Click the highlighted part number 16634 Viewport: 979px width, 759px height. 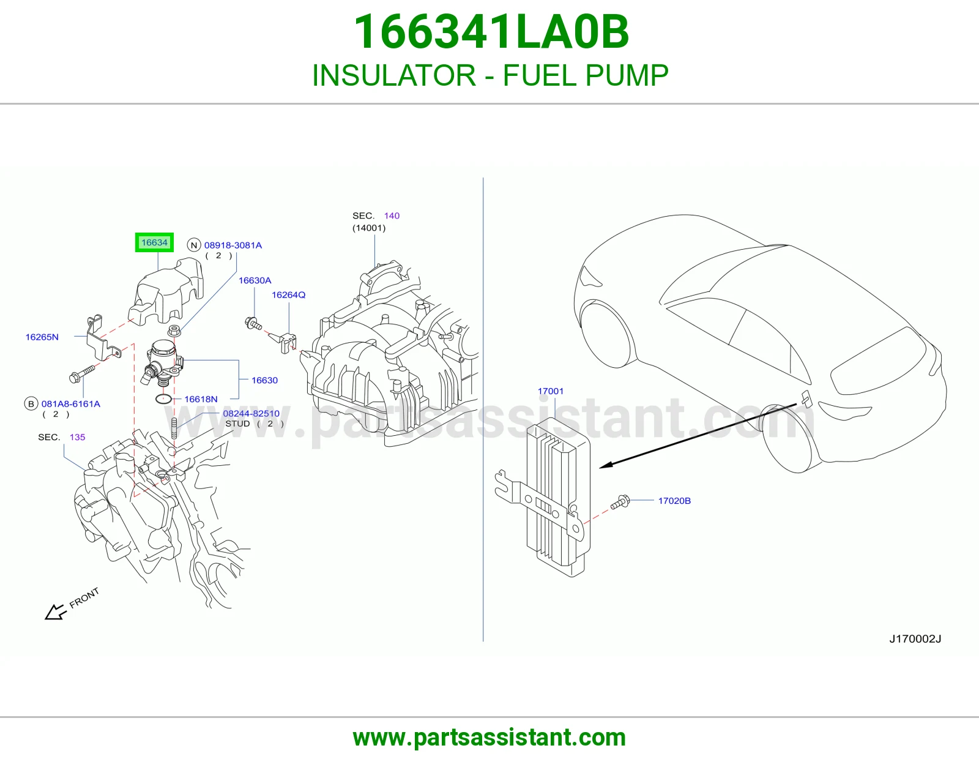tap(154, 242)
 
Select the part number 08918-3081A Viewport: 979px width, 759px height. tap(233, 245)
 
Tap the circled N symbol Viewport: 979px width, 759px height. tap(194, 245)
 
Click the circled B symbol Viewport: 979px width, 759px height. tap(31, 404)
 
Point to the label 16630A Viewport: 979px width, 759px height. tap(255, 280)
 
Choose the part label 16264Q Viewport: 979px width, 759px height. tap(288, 295)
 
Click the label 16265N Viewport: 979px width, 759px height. tap(42, 337)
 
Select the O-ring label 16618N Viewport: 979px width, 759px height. tap(201, 399)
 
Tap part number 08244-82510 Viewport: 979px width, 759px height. tap(251, 413)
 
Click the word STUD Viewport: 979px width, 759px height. tap(237, 424)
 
